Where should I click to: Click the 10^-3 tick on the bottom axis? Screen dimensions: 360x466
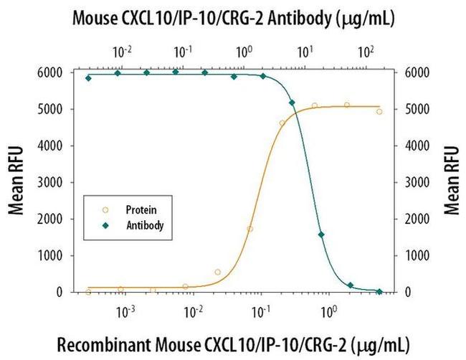point(126,312)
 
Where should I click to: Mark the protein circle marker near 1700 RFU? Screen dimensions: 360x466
point(249,229)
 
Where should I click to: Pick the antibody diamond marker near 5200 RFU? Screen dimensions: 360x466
point(292,103)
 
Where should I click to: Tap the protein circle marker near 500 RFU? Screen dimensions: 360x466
point(218,272)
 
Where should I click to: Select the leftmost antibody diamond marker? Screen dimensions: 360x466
point(88,77)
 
